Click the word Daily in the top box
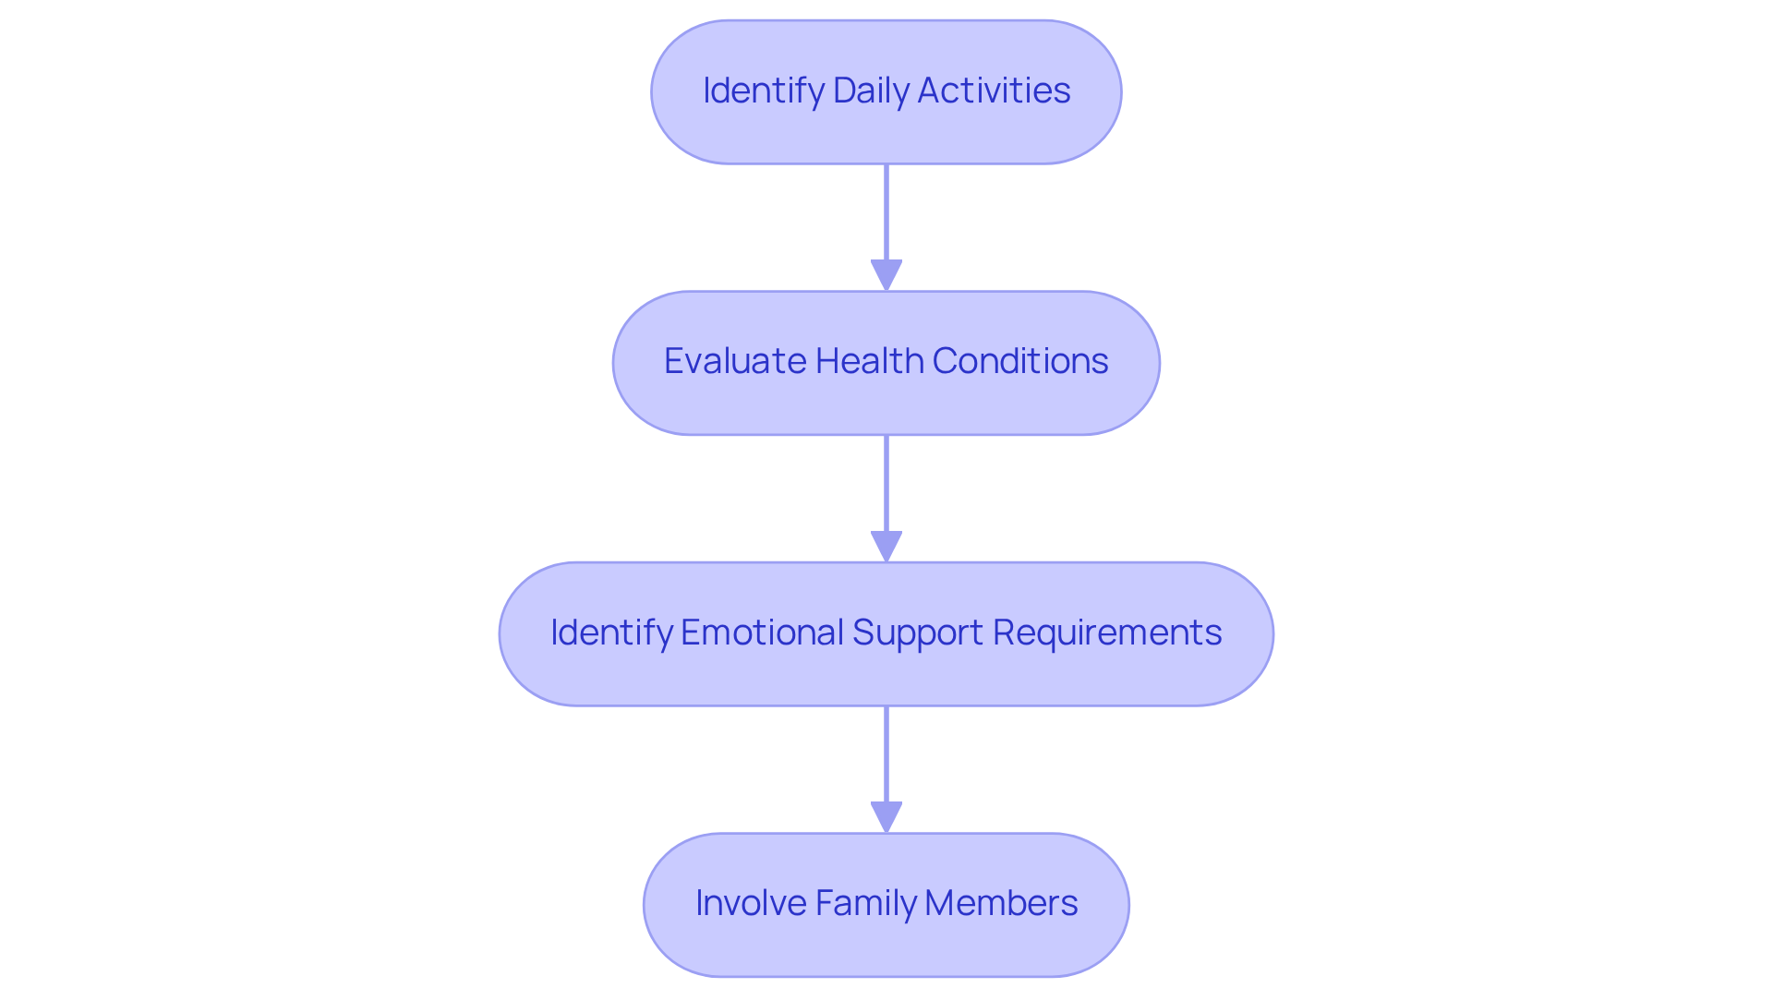pyautogui.click(x=870, y=90)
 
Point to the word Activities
pyautogui.click(x=994, y=90)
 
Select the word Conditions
pyautogui.click(x=1020, y=361)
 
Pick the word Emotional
pyautogui.click(x=762, y=633)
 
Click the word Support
pyautogui.click(x=917, y=633)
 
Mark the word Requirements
pyautogui.click(x=1107, y=633)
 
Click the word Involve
pyautogui.click(x=750, y=903)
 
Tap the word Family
pyautogui.click(x=864, y=903)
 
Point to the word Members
pyautogui.click(x=1001, y=903)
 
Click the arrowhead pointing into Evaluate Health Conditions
pyautogui.click(x=886, y=275)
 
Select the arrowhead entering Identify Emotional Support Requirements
pyautogui.click(x=886, y=546)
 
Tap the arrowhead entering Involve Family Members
pyautogui.click(x=886, y=817)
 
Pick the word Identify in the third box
pyautogui.click(x=610, y=633)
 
